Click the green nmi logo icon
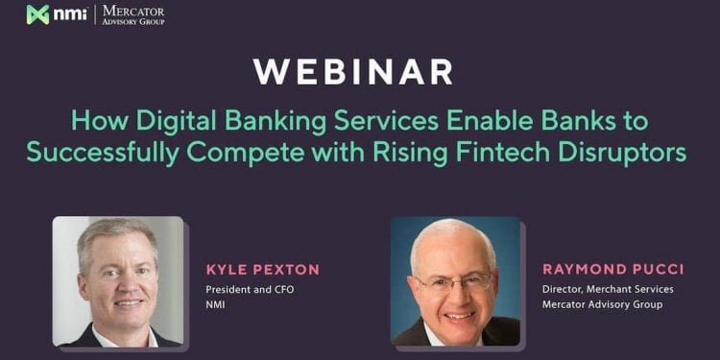click(x=37, y=14)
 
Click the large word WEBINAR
click(x=353, y=72)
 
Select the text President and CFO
click(x=244, y=289)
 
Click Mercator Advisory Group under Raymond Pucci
click(x=602, y=304)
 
